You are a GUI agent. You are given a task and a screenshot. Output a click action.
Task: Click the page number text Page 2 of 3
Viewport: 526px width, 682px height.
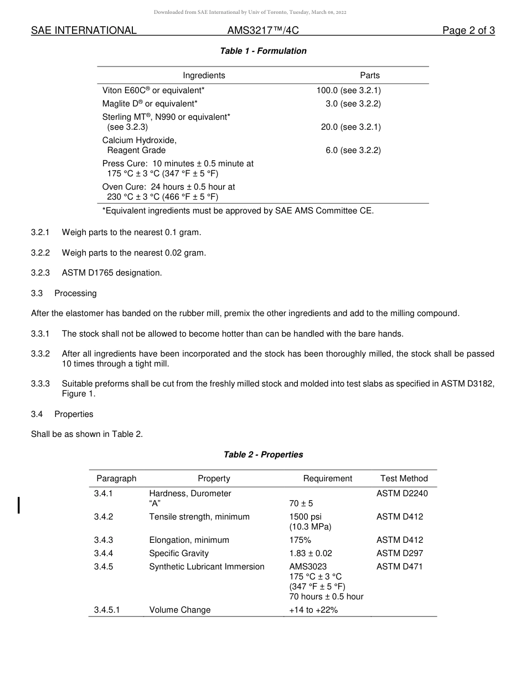468,31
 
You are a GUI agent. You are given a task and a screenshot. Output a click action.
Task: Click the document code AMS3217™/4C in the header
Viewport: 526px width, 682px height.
263,31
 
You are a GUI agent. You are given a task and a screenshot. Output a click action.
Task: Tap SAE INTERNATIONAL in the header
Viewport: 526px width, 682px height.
84,31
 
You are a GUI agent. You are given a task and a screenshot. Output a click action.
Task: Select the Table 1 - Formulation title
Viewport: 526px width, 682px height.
263,51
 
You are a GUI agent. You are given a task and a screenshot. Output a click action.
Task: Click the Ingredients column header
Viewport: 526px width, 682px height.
204,75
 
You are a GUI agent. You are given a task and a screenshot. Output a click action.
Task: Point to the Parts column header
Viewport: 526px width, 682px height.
369,75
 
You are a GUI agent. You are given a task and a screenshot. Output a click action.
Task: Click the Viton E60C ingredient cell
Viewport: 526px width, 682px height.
153,90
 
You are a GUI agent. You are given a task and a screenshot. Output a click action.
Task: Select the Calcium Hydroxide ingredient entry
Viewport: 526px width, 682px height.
139,145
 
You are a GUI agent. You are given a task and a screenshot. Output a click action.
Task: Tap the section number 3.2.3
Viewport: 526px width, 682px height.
40,273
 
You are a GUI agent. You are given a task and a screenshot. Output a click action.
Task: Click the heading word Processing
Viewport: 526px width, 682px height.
75,293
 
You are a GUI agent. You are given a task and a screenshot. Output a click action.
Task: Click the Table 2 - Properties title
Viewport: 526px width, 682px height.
263,455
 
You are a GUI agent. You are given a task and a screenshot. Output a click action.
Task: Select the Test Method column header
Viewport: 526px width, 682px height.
404,479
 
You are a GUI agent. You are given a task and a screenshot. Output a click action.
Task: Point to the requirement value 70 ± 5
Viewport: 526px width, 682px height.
301,503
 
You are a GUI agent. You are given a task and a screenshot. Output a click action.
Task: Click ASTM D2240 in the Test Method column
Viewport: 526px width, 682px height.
402,493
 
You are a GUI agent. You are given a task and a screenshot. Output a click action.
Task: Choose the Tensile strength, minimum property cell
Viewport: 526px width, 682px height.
199,517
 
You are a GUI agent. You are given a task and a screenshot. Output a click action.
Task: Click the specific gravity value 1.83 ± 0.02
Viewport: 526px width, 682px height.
310,553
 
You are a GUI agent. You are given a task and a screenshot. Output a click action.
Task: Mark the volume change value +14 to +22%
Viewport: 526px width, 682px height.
313,610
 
